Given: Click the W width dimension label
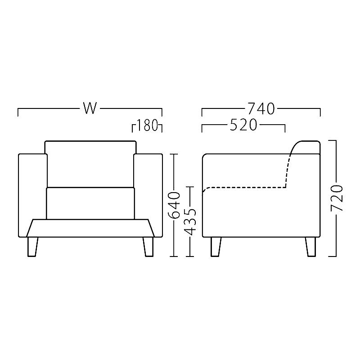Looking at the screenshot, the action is pos(90,108).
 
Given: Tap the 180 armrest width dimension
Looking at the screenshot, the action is pos(147,125).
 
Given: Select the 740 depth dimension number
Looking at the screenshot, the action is pos(261,108).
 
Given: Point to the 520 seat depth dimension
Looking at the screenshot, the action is pos(243,125).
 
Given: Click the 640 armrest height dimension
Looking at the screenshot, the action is pos(174,205).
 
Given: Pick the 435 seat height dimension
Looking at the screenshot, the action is pos(190,222).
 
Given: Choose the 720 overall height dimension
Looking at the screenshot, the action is pos(337,198).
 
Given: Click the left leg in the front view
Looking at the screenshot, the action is pos(32,247).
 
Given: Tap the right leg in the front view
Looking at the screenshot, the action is pos(148,247).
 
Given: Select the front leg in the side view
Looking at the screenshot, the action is pos(216,247).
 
